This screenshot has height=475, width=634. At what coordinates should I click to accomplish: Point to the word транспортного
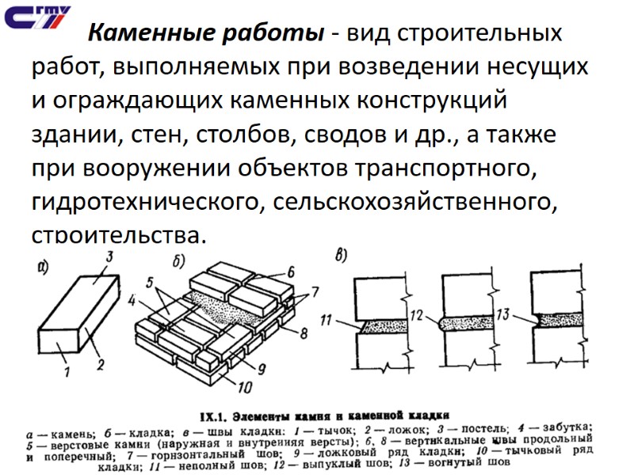[469, 169]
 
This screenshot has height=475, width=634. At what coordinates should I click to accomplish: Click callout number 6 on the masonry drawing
[290, 272]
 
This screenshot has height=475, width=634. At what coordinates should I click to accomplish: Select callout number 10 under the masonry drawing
[244, 386]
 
